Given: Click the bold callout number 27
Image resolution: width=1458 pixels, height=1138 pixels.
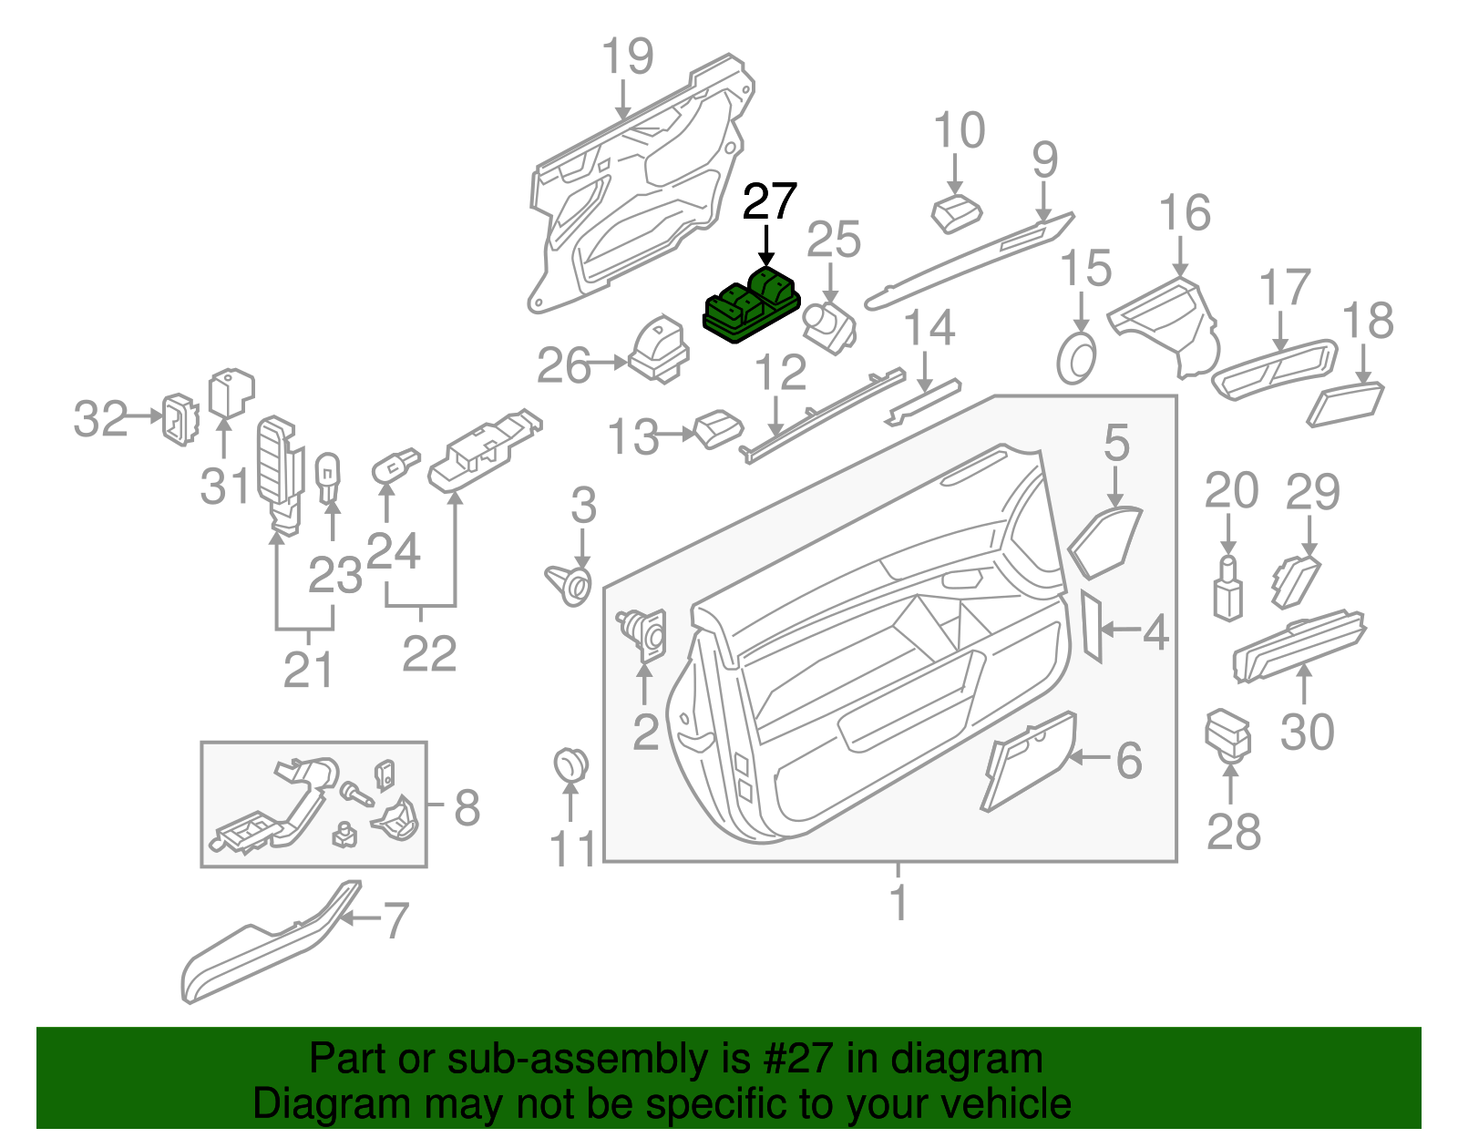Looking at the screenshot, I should tap(769, 201).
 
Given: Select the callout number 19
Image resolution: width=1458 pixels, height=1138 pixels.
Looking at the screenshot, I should tap(627, 56).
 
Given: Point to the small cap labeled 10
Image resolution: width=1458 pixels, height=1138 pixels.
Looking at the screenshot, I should tap(956, 214).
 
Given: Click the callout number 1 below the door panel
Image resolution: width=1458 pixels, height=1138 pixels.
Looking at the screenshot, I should tap(898, 902).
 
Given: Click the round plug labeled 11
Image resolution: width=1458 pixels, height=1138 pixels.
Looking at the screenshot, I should tap(570, 764).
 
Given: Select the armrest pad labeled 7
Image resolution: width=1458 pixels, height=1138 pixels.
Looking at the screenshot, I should tap(264, 948).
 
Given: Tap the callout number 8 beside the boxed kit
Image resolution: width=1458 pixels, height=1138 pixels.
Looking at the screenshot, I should tap(467, 807).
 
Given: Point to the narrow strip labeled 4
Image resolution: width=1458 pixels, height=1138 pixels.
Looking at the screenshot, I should tap(1092, 627).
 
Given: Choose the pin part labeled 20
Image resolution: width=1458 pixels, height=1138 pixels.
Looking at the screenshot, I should tap(1227, 590).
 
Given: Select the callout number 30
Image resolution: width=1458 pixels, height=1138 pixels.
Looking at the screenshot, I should tap(1307, 732).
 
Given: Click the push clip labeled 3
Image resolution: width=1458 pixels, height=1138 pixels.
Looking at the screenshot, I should tap(572, 583).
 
